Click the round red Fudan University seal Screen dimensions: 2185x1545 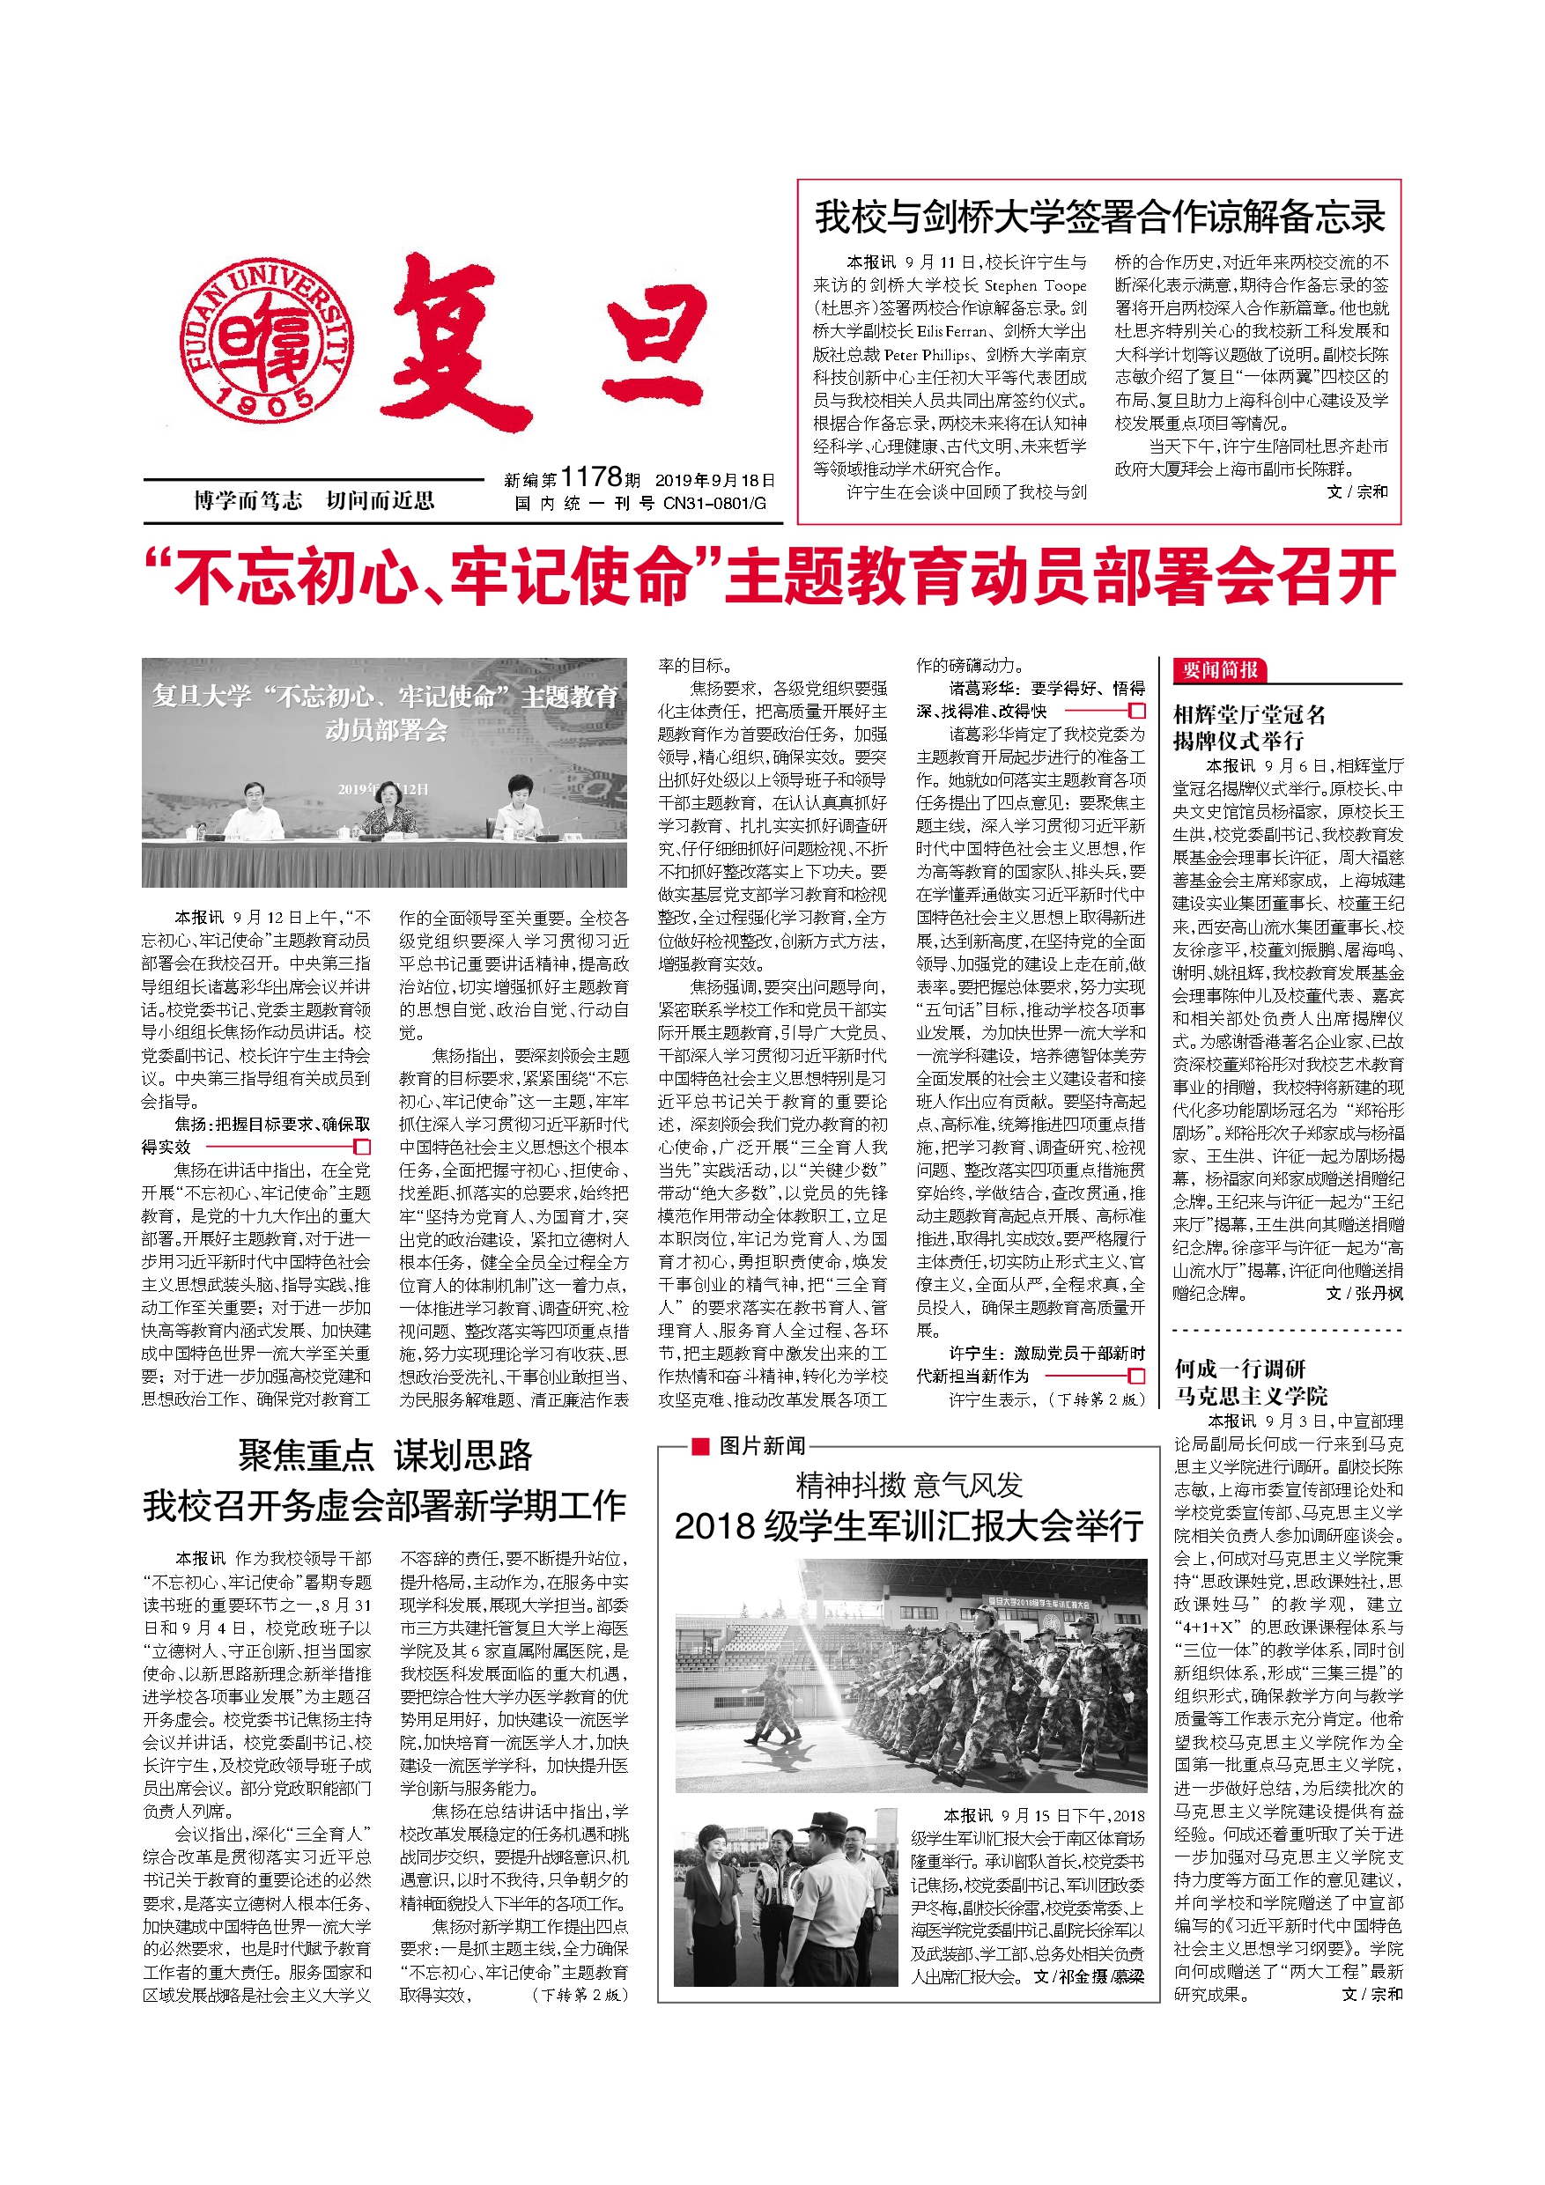pos(268,342)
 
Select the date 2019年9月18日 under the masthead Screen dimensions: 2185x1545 pos(715,480)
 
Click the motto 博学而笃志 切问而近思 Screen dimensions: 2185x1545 pos(314,500)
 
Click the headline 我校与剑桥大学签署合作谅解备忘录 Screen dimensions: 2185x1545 pos(1099,217)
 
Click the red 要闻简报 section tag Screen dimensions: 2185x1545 pos(1219,670)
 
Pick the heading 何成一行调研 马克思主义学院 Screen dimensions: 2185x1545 pos(1250,1383)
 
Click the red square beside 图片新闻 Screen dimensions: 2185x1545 pos(699,1445)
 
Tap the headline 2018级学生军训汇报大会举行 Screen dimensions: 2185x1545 pos(908,1526)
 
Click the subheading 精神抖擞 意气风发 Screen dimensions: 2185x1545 pos(908,1485)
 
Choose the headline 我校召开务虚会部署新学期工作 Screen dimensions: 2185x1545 pos(385,1505)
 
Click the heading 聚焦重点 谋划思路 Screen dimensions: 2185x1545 pos(385,1455)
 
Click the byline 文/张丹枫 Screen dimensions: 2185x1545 pos(1364,1294)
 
